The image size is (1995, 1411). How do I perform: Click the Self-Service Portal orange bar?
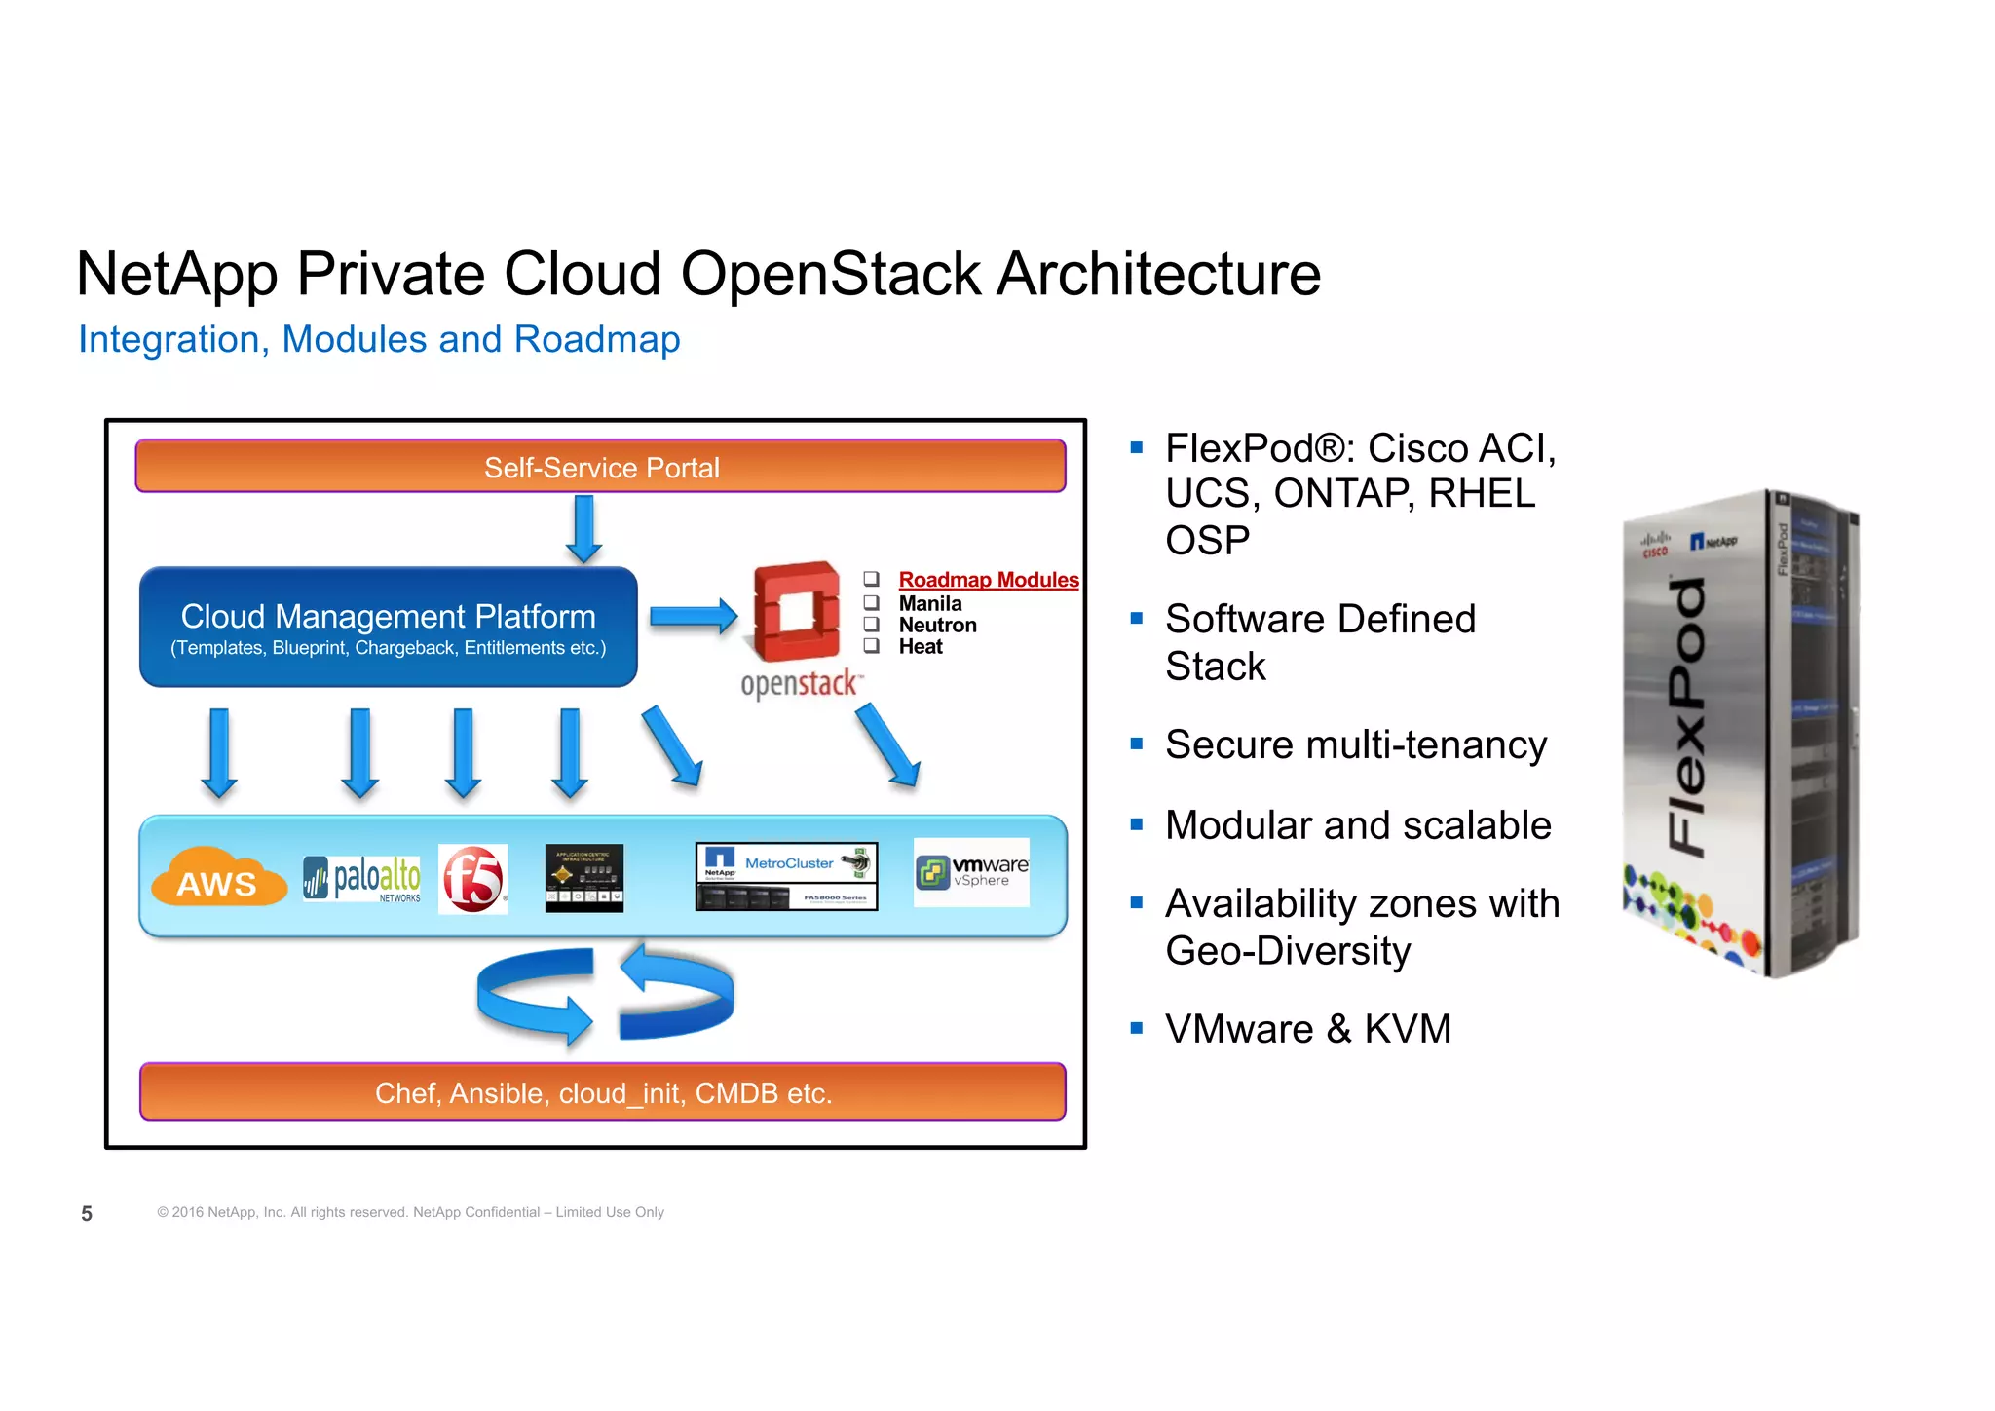(600, 467)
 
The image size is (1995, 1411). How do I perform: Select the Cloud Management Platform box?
(388, 628)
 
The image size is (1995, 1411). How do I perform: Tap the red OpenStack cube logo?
(797, 612)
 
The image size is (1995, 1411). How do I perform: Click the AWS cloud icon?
(218, 879)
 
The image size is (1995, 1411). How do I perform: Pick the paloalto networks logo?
(362, 878)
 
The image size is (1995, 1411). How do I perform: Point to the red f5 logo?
(473, 878)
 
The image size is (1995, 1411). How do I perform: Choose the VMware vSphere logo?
(971, 872)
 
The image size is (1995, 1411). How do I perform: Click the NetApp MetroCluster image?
(786, 876)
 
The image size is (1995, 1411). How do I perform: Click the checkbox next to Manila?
(872, 603)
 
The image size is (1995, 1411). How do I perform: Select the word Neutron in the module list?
(937, 626)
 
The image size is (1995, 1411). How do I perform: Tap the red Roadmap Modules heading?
(988, 580)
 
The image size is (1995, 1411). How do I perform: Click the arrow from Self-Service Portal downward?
(583, 528)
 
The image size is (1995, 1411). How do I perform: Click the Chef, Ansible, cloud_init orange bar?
(602, 1092)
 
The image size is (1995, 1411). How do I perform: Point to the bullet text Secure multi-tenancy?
(1355, 745)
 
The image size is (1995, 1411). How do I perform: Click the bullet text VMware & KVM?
(1307, 1029)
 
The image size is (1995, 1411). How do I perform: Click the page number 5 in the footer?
(87, 1213)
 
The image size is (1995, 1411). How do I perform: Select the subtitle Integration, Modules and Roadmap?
(379, 339)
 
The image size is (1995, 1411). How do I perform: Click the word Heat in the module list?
(921, 647)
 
